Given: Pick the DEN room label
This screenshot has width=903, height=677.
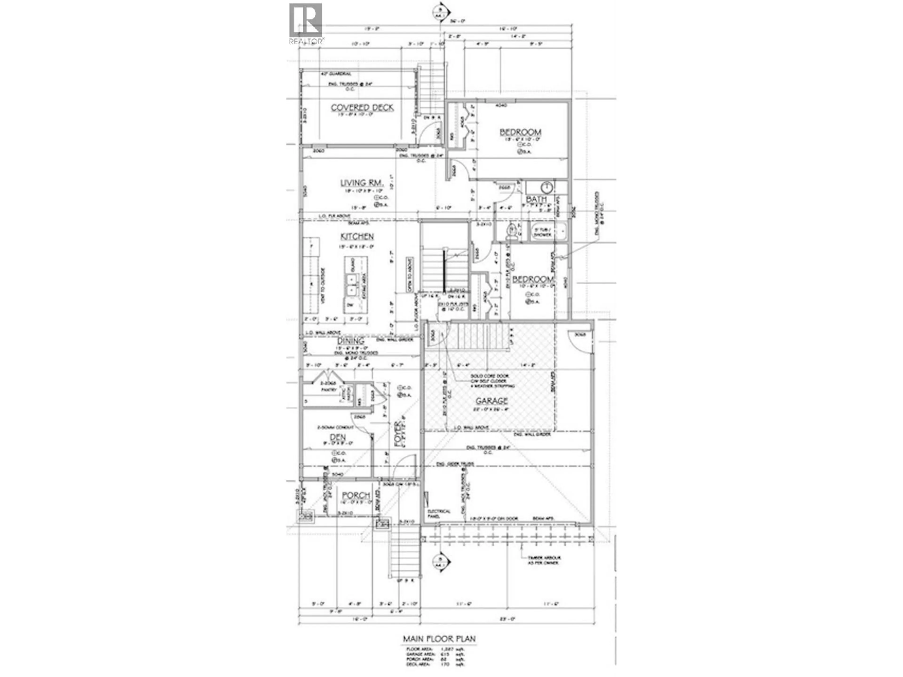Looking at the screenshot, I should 338,437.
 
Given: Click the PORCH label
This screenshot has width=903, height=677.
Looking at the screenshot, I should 356,495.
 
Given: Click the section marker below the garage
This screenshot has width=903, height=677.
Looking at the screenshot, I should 440,561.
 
